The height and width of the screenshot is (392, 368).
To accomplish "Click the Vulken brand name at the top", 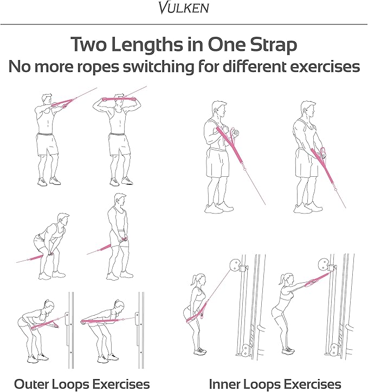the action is [184, 8].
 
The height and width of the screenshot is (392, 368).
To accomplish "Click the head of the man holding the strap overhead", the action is [119, 99].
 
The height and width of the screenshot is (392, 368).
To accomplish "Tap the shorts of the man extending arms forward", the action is [47, 144].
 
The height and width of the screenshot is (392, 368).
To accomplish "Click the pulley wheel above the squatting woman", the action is [235, 265].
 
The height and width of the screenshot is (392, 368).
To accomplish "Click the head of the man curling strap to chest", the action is [219, 109].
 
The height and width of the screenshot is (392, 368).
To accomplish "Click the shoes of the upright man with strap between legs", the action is [120, 275].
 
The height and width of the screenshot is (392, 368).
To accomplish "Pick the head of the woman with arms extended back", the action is [119, 305].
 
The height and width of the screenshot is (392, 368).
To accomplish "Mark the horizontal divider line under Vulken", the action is [184, 24].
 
